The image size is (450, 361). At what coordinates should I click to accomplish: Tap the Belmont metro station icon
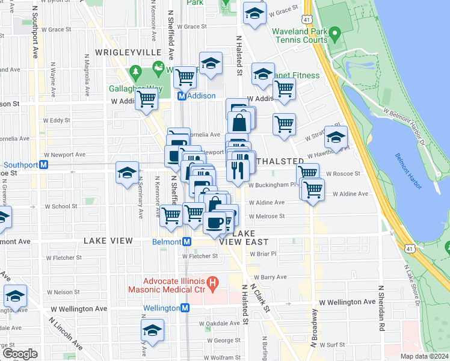[187, 242]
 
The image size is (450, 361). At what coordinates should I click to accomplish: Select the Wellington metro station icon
[185, 308]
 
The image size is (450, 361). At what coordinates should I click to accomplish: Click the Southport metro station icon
[43, 165]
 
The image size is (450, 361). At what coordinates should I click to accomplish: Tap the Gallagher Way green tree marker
[136, 73]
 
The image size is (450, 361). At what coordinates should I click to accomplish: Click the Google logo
[20, 354]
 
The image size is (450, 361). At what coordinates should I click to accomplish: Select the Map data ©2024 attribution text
[424, 356]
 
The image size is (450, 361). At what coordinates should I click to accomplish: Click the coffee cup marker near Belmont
[214, 223]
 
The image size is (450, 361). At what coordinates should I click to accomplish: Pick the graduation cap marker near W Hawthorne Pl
[336, 137]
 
